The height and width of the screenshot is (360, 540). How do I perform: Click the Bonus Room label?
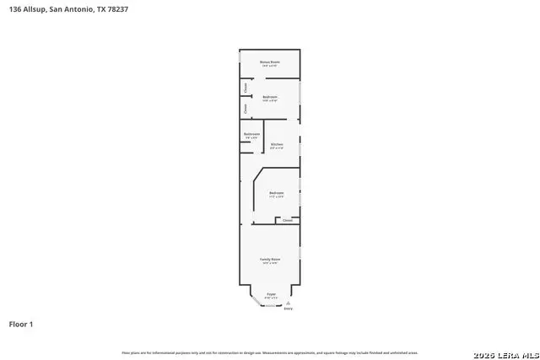click(270, 62)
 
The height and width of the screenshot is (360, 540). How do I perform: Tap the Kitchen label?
click(277, 144)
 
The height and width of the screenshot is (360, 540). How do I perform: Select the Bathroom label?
click(251, 134)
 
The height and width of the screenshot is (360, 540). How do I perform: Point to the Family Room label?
click(270, 258)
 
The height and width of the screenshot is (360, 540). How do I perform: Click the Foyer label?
click(271, 293)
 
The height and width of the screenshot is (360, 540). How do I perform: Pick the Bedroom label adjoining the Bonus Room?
click(270, 97)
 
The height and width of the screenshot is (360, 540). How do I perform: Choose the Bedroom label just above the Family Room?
click(277, 193)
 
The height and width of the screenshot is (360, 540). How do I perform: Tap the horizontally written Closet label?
click(288, 221)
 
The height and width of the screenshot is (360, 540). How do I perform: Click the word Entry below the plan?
click(289, 309)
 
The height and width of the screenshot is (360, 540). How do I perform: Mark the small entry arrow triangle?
click(289, 303)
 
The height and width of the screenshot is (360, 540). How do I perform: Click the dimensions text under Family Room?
click(270, 263)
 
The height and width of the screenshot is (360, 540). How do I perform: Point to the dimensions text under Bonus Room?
click(270, 66)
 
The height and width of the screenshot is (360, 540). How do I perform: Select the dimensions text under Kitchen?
click(277, 148)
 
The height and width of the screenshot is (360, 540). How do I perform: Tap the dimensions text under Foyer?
click(271, 298)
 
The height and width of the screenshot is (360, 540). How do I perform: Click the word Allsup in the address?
click(36, 9)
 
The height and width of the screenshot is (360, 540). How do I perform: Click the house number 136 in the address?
click(15, 9)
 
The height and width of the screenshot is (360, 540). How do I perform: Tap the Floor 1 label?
click(21, 324)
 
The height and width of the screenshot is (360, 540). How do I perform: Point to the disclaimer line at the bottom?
click(270, 352)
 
